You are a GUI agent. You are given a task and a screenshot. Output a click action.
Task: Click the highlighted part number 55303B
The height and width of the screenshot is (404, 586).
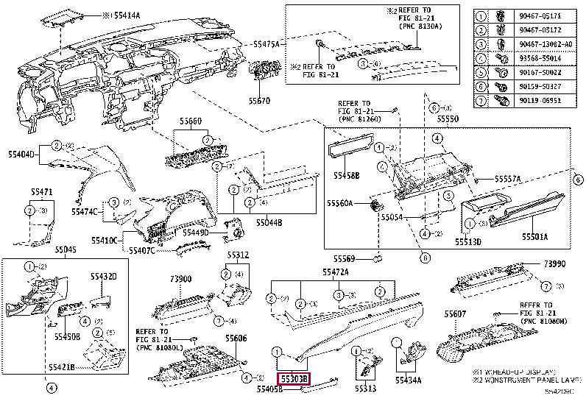click(294, 378)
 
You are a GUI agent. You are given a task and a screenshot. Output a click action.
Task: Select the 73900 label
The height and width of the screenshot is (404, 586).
click(180, 280)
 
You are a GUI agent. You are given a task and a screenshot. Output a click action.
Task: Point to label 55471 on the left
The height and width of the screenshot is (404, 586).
click(41, 191)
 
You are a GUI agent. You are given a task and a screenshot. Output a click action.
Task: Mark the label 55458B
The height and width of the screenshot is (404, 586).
click(345, 176)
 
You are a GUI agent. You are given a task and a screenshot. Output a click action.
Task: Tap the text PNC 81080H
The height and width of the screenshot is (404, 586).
click(544, 322)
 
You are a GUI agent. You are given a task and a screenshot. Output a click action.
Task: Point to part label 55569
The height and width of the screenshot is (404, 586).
click(345, 258)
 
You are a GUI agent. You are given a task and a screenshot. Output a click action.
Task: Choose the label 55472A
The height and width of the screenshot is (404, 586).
click(335, 272)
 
